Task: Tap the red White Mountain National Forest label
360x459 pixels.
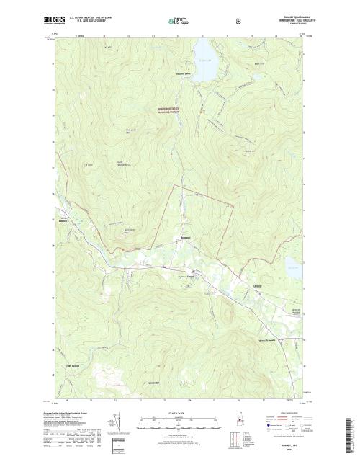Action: [169, 110]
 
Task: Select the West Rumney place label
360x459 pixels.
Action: [64, 222]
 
